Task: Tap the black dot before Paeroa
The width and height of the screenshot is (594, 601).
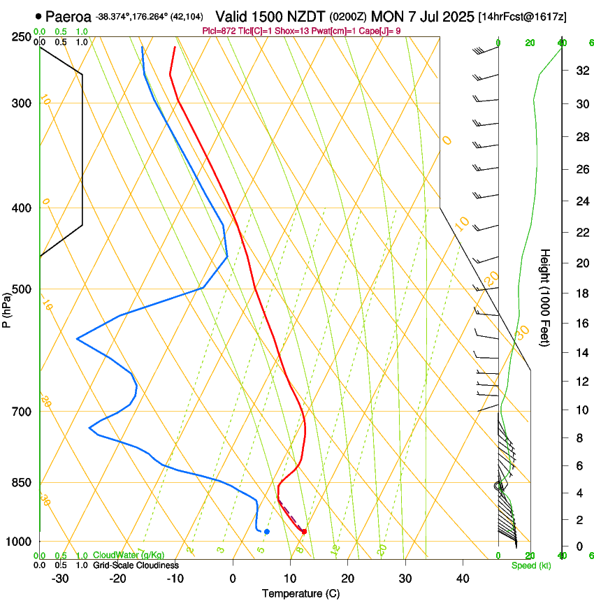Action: [x=38, y=16]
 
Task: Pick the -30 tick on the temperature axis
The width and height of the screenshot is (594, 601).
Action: [x=60, y=579]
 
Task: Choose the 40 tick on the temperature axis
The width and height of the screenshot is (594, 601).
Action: [x=463, y=579]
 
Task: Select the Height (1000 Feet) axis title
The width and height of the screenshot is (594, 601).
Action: [x=545, y=297]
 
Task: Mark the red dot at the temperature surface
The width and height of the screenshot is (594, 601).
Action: [x=304, y=532]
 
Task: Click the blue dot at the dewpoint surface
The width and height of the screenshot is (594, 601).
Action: [x=267, y=532]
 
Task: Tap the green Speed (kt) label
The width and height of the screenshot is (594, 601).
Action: [x=530, y=565]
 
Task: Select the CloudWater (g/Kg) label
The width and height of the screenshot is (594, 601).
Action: [x=129, y=556]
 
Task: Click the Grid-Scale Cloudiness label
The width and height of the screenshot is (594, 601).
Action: [x=136, y=565]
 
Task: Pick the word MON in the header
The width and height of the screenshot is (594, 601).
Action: [x=386, y=16]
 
